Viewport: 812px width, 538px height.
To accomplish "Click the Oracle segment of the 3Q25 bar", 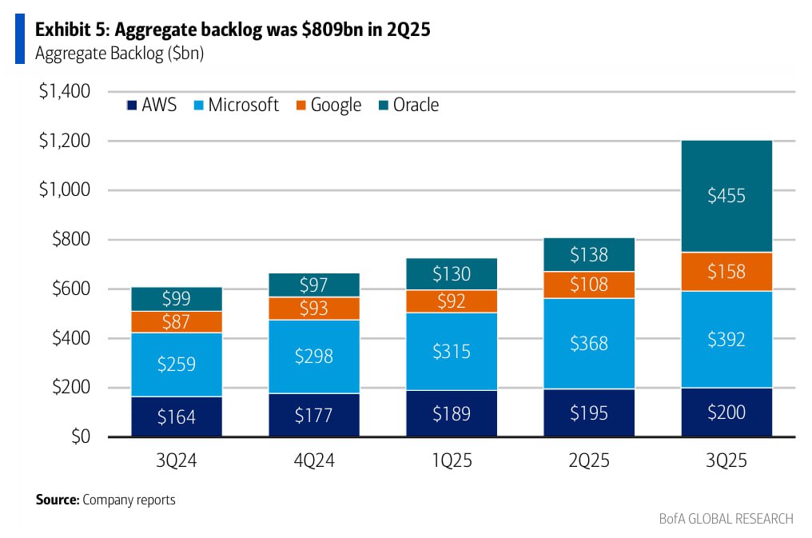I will [x=726, y=196].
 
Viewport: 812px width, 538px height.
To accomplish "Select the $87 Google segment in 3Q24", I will [x=177, y=321].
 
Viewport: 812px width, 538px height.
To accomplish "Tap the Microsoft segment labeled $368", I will [x=588, y=343].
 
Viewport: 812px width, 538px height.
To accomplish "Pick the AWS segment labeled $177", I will [x=314, y=414].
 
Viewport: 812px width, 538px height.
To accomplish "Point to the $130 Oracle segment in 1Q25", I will [x=452, y=273].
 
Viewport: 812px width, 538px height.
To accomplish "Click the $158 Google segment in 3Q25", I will [x=726, y=272].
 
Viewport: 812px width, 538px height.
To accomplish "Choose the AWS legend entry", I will [x=152, y=105].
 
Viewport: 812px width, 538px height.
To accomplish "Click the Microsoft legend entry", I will [x=236, y=105].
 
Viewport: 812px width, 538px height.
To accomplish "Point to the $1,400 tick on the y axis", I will [x=65, y=91].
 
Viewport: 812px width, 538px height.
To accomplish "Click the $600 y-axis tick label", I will [x=70, y=289].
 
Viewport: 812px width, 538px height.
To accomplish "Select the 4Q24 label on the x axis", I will [x=314, y=461].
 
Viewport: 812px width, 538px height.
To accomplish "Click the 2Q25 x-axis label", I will [x=588, y=461].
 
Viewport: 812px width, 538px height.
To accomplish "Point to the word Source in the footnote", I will [x=57, y=500].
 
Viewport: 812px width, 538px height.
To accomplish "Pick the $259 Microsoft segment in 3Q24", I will [x=177, y=365].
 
